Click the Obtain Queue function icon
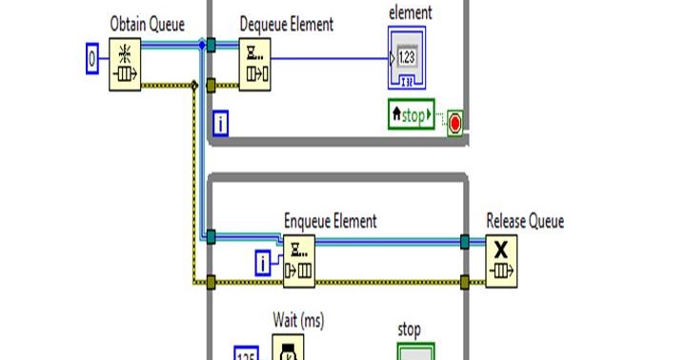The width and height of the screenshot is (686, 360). click(125, 63)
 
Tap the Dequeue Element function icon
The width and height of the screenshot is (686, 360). click(254, 64)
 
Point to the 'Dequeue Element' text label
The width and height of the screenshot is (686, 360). click(286, 25)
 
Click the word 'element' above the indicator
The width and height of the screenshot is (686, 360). click(412, 12)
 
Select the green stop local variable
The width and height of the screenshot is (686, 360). click(411, 116)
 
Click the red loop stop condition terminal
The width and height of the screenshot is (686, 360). click(454, 124)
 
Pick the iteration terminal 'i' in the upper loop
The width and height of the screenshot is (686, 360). click(220, 122)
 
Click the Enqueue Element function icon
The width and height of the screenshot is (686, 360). click(299, 260)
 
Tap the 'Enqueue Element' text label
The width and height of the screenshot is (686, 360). click(331, 221)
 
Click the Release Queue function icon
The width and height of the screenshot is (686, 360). click(501, 260)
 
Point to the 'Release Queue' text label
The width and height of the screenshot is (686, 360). click(525, 221)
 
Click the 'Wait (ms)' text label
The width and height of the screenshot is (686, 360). click(298, 322)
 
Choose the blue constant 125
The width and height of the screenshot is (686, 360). click(246, 353)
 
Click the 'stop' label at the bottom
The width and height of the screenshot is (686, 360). click(408, 330)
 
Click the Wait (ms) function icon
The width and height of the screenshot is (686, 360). click(287, 348)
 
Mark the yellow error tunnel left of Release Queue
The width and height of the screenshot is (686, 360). click(464, 282)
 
